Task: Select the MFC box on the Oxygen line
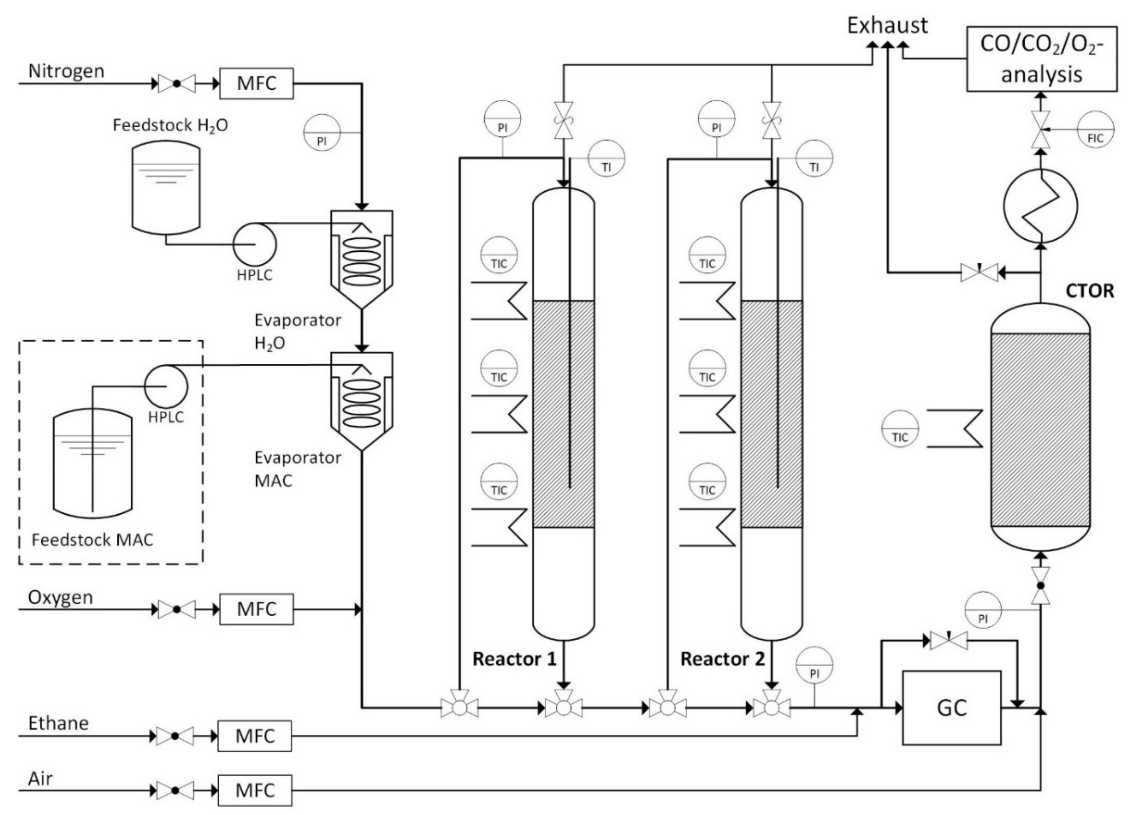(256, 609)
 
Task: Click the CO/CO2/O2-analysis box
(1042, 59)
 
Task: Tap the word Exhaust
(887, 25)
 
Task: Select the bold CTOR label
(1089, 291)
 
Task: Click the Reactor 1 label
(514, 659)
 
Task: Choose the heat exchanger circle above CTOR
(1040, 206)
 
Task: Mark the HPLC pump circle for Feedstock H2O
(254, 244)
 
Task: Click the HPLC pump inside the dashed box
(166, 386)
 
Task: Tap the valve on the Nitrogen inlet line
(176, 84)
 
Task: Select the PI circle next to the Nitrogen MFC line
(322, 132)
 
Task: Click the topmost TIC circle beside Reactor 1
(499, 255)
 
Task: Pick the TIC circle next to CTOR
(900, 429)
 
